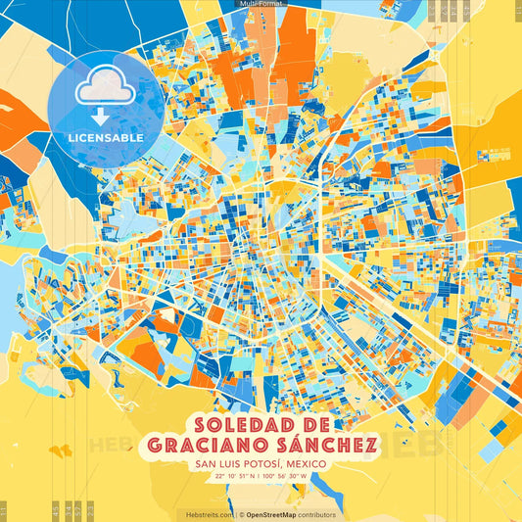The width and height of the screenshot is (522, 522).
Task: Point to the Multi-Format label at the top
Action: [x=260, y=5]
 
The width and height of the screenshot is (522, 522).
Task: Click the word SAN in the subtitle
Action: [x=206, y=463]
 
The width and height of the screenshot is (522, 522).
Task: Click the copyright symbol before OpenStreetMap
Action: [x=241, y=514]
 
